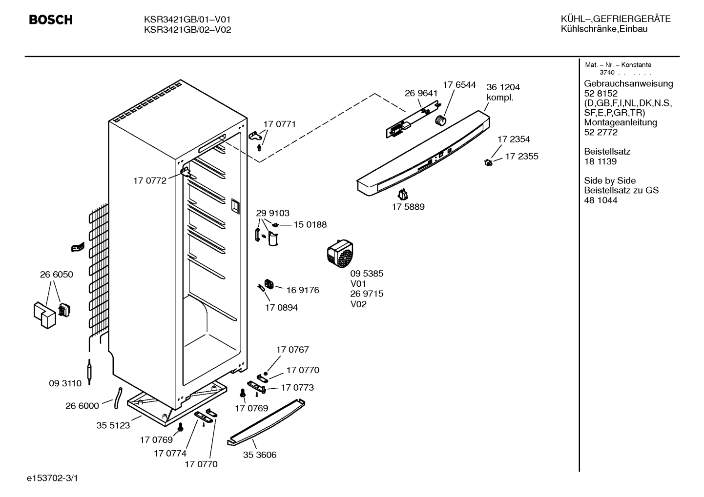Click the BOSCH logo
tap(51, 20)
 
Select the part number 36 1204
tap(503, 87)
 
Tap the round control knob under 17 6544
tap(441, 120)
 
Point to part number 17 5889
tap(408, 207)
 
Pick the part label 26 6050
tap(56, 275)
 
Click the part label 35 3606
tap(260, 455)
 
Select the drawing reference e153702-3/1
tap(52, 478)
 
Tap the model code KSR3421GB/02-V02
tap(187, 30)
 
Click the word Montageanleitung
tap(621, 122)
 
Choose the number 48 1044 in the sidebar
tap(600, 200)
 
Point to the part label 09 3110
tap(65, 383)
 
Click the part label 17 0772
tap(149, 181)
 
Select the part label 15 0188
tap(310, 225)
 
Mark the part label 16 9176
tap(303, 290)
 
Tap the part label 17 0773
tap(297, 388)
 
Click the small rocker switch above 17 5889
tap(403, 195)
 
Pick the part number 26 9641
tap(421, 93)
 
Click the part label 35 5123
tap(113, 425)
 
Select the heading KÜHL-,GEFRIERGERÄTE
tap(616, 19)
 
